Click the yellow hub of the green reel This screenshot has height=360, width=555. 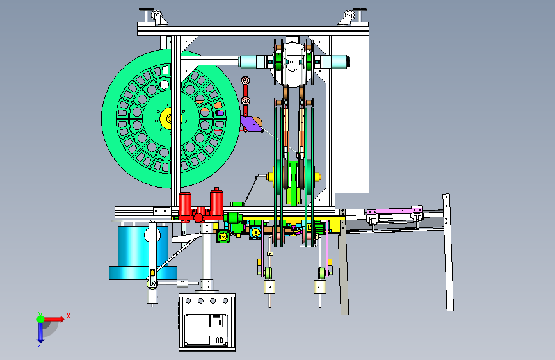[x=168, y=118]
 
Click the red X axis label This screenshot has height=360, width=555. [x=68, y=316]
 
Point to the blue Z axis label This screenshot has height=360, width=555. [x=40, y=344]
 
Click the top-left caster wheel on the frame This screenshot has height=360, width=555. [x=156, y=16]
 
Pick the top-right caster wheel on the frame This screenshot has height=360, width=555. [x=349, y=16]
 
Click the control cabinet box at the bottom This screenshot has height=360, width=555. [x=207, y=322]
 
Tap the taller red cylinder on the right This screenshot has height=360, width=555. [x=216, y=202]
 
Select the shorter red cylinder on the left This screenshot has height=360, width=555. [x=185, y=205]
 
